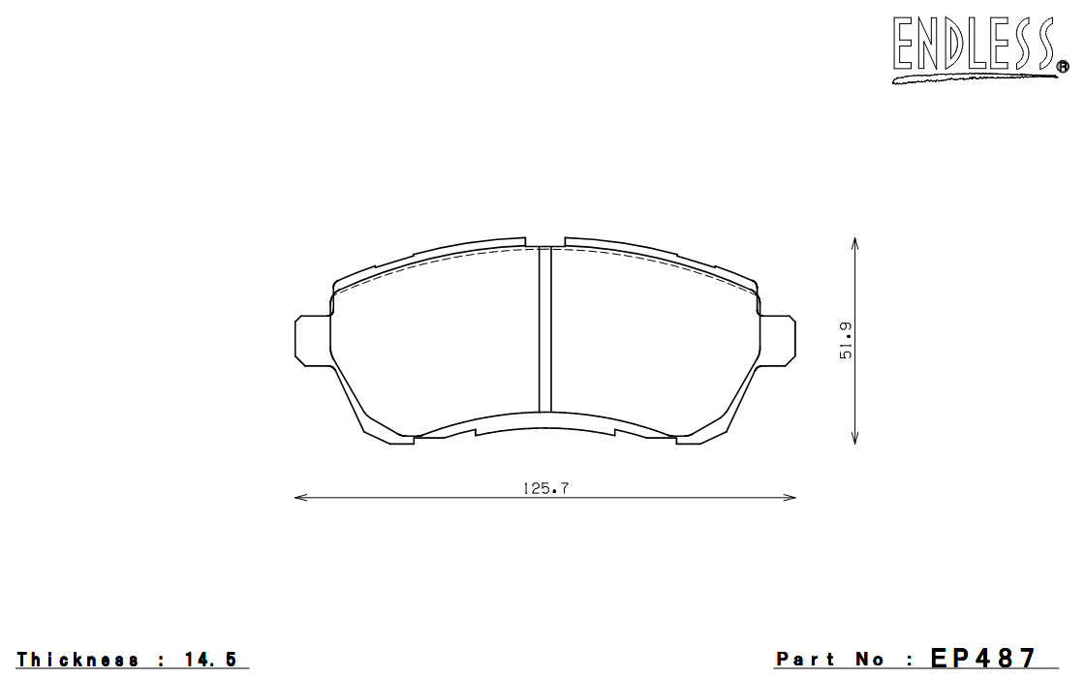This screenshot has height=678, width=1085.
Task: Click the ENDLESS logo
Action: coord(978,48)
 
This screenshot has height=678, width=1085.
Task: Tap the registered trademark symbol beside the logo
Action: coord(1062,67)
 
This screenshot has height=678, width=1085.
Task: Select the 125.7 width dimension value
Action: coord(545,488)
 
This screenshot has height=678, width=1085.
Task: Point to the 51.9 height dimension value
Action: coord(846,340)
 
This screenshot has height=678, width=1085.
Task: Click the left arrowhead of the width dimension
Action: coord(300,498)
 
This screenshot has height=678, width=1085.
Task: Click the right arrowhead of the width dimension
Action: coord(790,498)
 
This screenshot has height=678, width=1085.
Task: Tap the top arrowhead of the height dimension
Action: coord(855,243)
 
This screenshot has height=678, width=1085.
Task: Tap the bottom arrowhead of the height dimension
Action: coord(855,437)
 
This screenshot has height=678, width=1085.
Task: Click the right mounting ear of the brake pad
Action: coord(777,340)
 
